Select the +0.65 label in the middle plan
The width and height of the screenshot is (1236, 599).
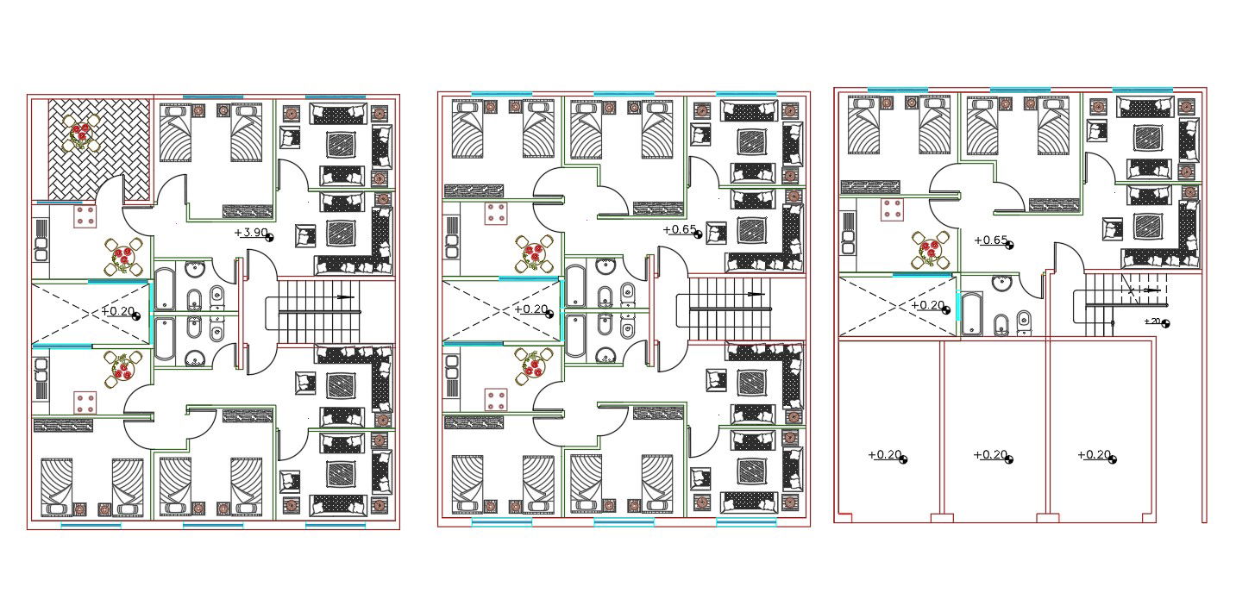679,229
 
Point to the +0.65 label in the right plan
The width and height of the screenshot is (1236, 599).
990,240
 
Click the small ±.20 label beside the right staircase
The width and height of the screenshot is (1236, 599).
1152,321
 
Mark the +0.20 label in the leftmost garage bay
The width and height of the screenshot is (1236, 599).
884,454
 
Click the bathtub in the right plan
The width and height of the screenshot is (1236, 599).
971,313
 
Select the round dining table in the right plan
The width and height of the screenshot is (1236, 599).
929,250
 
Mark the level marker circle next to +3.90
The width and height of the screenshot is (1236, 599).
270,237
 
